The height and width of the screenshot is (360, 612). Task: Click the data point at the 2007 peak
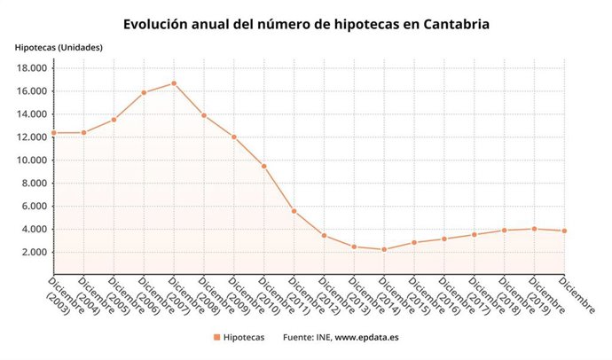(174, 83)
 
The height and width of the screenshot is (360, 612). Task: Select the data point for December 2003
(53, 132)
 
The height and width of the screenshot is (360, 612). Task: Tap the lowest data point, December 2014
(384, 249)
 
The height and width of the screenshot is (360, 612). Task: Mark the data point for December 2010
(264, 166)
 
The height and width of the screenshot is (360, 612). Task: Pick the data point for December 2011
(294, 211)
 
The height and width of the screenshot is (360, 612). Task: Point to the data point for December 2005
(114, 120)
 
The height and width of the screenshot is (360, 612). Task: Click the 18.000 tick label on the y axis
(32, 68)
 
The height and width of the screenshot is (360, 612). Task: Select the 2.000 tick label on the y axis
(35, 252)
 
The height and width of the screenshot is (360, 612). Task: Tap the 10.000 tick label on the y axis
(32, 160)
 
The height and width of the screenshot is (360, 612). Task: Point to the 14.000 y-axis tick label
(32, 114)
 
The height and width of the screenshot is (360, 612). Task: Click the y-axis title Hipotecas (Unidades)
(59, 46)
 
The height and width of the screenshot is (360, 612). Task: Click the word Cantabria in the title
(450, 23)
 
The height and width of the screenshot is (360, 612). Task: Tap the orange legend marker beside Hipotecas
(216, 338)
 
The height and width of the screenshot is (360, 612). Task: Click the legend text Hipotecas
(244, 338)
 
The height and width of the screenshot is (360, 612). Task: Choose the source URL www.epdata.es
(367, 338)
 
